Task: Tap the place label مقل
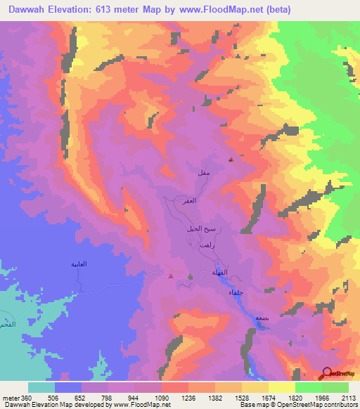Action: tap(203, 171)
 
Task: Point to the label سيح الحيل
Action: tap(199, 230)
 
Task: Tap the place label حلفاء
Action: tap(236, 292)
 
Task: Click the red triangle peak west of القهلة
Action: tap(172, 275)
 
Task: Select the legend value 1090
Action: tap(162, 398)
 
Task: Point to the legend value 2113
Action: tap(349, 398)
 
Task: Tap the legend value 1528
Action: tap(241, 398)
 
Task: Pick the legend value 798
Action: tap(108, 398)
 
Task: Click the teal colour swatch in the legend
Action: tap(41, 387)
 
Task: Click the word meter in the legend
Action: tap(11, 398)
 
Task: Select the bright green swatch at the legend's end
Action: tap(335, 387)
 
